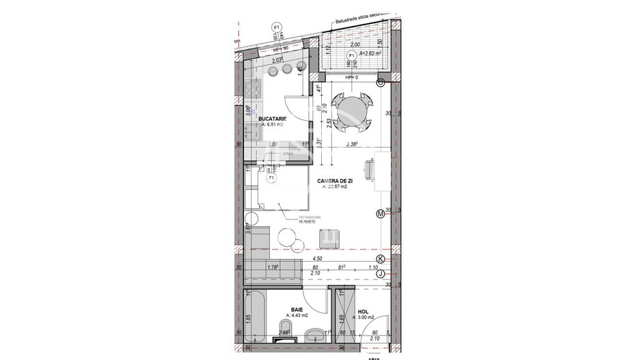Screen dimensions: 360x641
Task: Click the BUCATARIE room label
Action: (272, 119)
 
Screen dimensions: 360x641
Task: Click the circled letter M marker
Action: (381, 214)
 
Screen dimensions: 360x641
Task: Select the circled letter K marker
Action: (381, 260)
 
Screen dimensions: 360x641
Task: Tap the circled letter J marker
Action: (381, 273)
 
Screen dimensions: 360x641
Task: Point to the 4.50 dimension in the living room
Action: (317, 260)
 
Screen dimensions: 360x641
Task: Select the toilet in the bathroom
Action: (315, 335)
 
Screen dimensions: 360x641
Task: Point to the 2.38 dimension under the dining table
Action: (353, 144)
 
